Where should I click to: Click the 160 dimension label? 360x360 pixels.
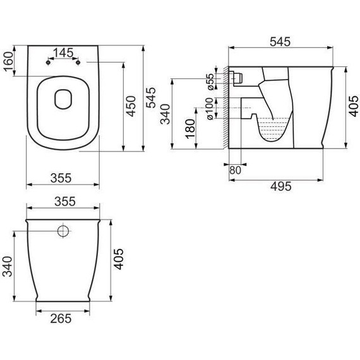[8, 61]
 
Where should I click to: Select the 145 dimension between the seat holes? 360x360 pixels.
[63, 53]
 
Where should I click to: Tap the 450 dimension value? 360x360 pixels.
[131, 106]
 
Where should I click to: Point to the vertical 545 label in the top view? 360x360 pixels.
[151, 97]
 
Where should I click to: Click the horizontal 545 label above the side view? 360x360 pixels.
[280, 42]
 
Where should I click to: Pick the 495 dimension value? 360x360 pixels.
[281, 186]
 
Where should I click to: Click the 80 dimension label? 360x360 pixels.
[235, 170]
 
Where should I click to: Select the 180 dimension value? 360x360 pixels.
[190, 129]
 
